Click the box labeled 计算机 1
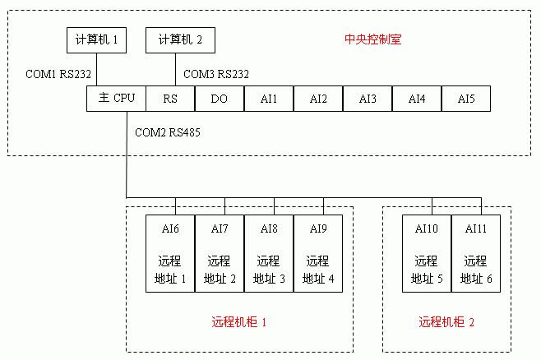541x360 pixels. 96,39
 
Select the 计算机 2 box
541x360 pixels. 175,39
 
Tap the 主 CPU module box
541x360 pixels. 116,99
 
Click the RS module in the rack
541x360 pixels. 170,99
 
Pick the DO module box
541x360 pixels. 220,99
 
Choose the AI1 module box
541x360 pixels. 269,99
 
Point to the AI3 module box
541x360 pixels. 368,99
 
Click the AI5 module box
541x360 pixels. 466,99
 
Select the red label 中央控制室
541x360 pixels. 372,39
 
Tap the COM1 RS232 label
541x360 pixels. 59,74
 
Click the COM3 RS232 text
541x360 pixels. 216,74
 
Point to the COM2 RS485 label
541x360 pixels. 168,132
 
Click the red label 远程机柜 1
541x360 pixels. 239,323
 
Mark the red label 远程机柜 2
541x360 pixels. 446,323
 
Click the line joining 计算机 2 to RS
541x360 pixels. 175,69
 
